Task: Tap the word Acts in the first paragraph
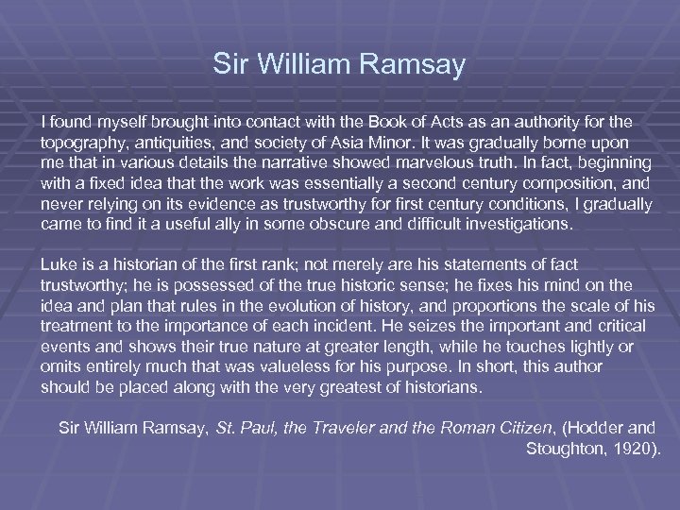[433, 123]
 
